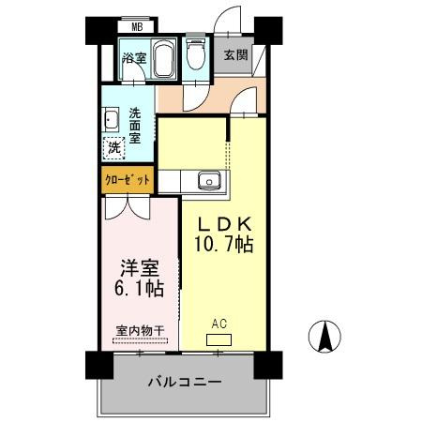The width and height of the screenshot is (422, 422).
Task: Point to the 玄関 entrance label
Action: coord(235,54)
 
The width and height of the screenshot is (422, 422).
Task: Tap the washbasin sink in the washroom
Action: coord(111,118)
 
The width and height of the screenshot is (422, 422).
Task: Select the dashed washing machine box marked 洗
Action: coord(113,147)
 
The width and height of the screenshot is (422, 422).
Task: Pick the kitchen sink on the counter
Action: coord(208,180)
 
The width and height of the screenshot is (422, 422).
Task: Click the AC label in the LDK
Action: coord(219,325)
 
